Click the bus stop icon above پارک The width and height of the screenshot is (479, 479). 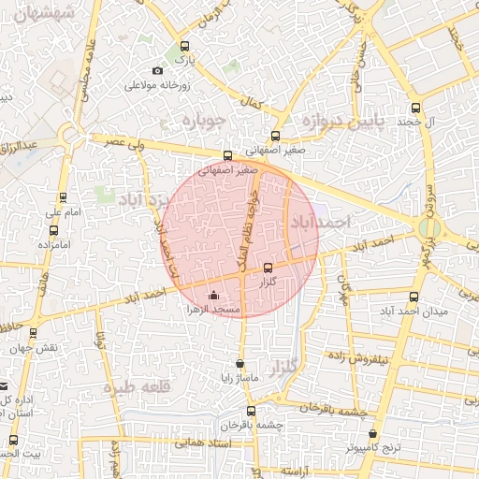coord(184,46)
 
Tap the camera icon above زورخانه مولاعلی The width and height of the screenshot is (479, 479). coord(157,71)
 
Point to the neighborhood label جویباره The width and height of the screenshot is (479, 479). coord(206,121)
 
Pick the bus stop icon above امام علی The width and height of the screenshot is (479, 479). coord(64,197)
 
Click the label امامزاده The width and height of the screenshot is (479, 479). coord(55,243)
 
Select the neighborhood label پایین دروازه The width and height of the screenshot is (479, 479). coord(341,121)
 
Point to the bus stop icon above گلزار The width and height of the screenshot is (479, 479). coord(269,268)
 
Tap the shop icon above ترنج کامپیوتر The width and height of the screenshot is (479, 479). coord(374,434)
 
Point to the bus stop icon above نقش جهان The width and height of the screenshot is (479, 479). coord(34,333)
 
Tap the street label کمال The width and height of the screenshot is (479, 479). coord(250,101)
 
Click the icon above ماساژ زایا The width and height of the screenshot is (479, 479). coord(240,364)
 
